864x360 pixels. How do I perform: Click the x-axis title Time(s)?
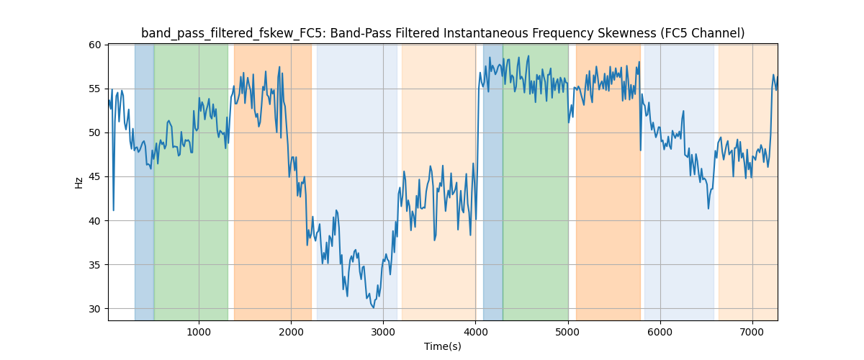[x=443, y=346]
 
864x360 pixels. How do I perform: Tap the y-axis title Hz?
[x=78, y=183]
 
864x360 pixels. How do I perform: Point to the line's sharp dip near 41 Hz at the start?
[x=113, y=210]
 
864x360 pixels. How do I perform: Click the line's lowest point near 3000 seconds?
[x=373, y=307]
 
